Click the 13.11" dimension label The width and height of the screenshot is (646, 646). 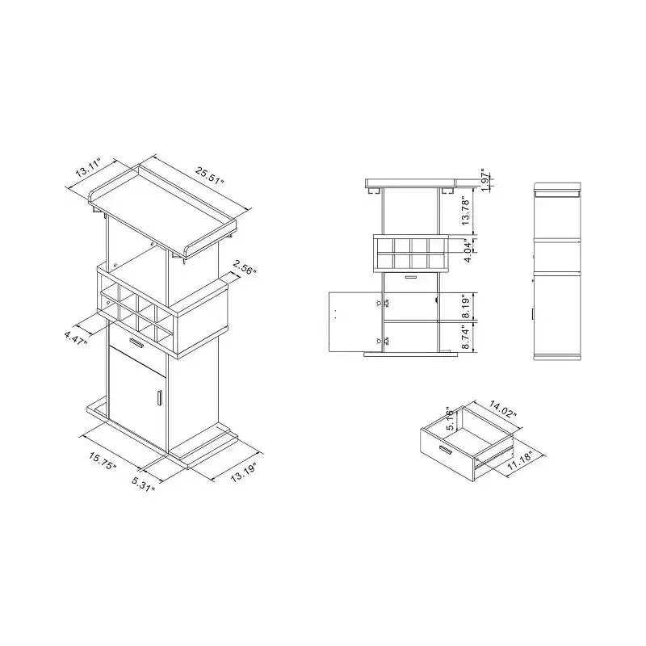(88, 166)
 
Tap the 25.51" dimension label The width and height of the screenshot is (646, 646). (210, 175)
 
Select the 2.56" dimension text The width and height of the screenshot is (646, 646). (245, 268)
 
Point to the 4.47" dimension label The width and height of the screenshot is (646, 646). (76, 338)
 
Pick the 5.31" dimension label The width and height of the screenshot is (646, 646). (144, 484)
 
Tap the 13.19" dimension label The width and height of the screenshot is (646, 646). (244, 472)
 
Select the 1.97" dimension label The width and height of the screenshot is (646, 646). (486, 179)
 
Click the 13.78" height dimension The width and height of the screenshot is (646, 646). (466, 212)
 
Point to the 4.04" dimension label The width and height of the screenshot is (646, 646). (468, 250)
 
